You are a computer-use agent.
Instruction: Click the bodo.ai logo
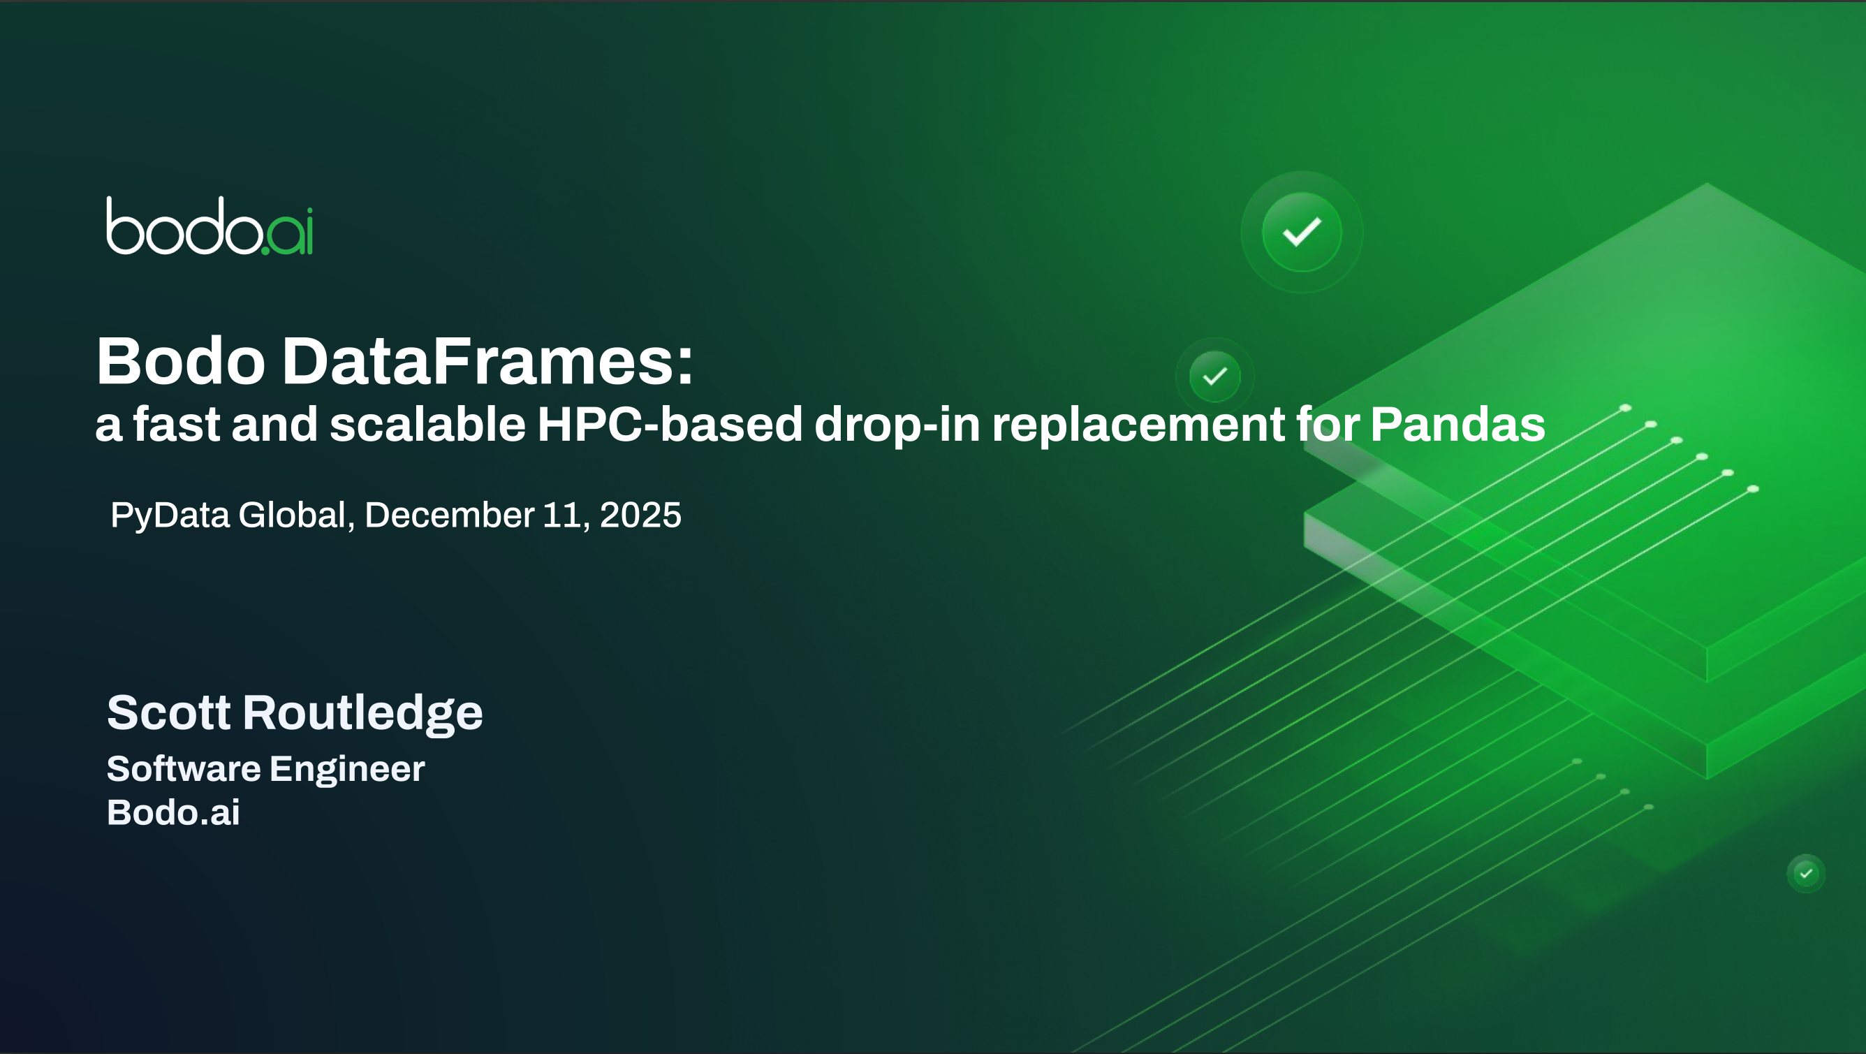point(210,226)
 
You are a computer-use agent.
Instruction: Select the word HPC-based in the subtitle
point(670,424)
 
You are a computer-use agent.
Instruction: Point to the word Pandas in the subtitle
point(1457,424)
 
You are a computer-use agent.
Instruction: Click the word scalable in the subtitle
point(427,424)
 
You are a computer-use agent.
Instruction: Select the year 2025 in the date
point(640,515)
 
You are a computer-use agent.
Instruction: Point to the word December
point(449,515)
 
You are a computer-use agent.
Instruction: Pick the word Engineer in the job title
point(347,770)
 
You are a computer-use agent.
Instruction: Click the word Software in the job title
point(183,768)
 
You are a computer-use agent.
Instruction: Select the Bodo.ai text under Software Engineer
point(173,812)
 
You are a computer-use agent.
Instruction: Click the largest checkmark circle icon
point(1302,232)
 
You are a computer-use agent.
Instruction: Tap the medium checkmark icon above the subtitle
point(1214,376)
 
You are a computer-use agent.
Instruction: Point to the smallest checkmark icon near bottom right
point(1806,874)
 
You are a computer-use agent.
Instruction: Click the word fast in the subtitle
point(176,424)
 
